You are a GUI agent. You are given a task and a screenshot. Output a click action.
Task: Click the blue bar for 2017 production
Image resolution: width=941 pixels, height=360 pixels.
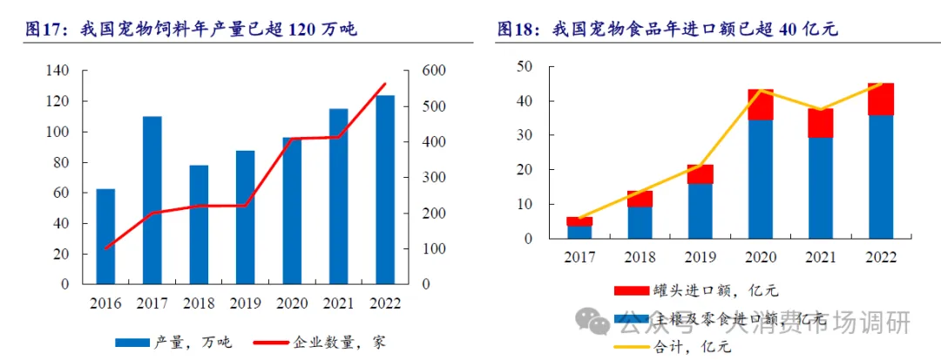pyautogui.click(x=152, y=200)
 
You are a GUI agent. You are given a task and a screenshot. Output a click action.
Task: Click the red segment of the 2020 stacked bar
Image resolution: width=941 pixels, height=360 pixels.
pyautogui.click(x=761, y=105)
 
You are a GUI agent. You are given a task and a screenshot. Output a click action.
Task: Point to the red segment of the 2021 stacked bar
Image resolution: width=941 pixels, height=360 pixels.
pyautogui.click(x=821, y=124)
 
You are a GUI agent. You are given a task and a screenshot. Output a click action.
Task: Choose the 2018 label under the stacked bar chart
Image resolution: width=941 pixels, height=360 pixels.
pyautogui.click(x=640, y=258)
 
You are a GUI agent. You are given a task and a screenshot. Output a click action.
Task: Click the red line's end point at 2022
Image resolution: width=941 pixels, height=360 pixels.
pyautogui.click(x=385, y=84)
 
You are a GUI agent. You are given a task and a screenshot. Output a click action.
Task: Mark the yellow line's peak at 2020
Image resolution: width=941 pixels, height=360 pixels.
pyautogui.click(x=761, y=91)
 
